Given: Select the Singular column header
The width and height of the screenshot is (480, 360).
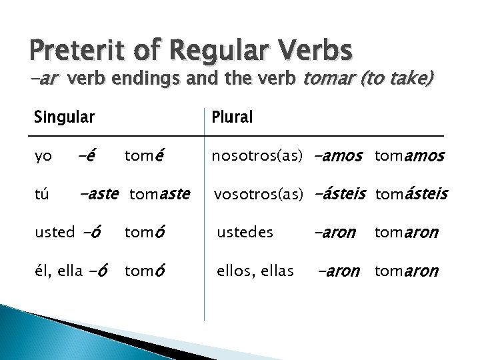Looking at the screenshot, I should click(x=64, y=117).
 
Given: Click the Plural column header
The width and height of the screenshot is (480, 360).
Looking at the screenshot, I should click(x=232, y=117).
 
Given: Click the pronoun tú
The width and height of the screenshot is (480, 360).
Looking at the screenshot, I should click(x=42, y=194).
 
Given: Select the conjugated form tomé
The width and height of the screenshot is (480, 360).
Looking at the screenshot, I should click(x=144, y=157).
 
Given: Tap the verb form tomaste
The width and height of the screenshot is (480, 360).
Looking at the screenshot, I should click(x=160, y=194).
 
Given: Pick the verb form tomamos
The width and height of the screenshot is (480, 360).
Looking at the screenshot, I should click(x=409, y=157).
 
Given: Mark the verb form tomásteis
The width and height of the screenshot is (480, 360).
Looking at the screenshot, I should click(x=412, y=194).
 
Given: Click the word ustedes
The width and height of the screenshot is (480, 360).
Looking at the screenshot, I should click(x=245, y=232).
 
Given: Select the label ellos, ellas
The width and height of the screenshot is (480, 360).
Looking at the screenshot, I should click(x=255, y=271).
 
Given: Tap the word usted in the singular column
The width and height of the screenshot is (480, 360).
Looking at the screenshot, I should click(x=55, y=232).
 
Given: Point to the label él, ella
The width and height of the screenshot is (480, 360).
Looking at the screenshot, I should click(x=59, y=271).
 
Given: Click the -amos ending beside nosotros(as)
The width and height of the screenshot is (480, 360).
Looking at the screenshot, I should click(x=337, y=157).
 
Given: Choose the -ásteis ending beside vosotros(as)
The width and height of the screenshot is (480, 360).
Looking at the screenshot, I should click(x=339, y=194).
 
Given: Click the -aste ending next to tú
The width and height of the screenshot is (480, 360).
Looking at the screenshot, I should click(x=99, y=194).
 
